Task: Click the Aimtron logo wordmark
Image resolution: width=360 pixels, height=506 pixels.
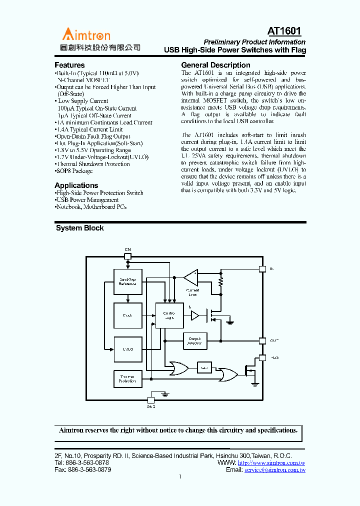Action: (x=86, y=34)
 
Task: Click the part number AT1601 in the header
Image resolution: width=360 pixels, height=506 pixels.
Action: (x=284, y=31)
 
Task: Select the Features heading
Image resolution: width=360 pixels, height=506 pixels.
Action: (x=69, y=65)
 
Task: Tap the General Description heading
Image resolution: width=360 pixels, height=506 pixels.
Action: (x=215, y=65)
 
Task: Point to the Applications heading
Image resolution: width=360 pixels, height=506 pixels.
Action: (x=76, y=185)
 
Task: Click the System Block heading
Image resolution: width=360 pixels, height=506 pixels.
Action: (x=80, y=228)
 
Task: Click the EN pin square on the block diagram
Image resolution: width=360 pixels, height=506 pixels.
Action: (x=127, y=256)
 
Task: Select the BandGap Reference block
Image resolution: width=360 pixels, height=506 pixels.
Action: (x=127, y=281)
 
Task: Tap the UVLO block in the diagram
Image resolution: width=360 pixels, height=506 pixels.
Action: (x=127, y=349)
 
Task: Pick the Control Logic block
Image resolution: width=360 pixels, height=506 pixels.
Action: (x=169, y=315)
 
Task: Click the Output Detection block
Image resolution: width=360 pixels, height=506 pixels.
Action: (x=195, y=340)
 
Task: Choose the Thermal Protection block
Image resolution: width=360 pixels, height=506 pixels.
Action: (x=127, y=379)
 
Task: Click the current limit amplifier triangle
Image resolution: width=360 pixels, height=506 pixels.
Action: (x=190, y=276)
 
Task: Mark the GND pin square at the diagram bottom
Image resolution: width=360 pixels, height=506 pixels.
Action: (x=151, y=399)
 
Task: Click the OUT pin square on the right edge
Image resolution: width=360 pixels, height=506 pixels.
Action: (x=262, y=340)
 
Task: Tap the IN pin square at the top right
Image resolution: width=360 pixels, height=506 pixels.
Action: (x=262, y=268)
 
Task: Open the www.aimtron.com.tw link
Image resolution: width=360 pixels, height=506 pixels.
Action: (x=271, y=463)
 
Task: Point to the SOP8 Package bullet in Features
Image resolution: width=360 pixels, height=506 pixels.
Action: (x=74, y=171)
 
